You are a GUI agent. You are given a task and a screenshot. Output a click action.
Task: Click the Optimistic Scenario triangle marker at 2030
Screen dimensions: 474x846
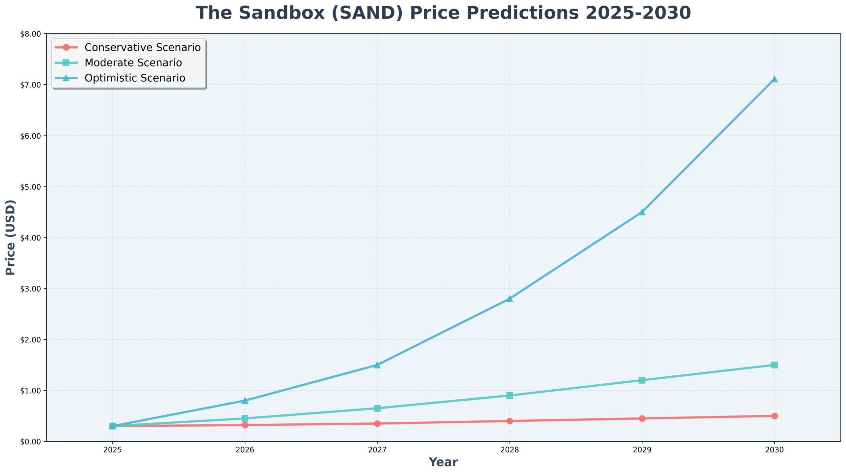pyautogui.click(x=774, y=79)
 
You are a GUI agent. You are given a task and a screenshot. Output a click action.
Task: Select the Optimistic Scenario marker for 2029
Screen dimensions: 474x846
pyautogui.click(x=642, y=212)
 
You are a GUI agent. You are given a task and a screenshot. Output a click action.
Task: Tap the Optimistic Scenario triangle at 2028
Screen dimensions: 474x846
pyautogui.click(x=510, y=299)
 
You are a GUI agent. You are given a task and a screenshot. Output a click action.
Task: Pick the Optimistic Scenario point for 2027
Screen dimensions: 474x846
pyautogui.click(x=377, y=365)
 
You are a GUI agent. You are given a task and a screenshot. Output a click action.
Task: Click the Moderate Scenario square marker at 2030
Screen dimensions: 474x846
pyautogui.click(x=774, y=365)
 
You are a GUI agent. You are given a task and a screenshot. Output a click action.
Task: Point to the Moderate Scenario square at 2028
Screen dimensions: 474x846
pyautogui.click(x=510, y=395)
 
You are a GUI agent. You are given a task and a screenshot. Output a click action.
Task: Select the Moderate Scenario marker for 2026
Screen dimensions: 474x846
pyautogui.click(x=245, y=418)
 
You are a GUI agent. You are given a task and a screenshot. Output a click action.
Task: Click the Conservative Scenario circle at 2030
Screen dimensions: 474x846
pyautogui.click(x=774, y=416)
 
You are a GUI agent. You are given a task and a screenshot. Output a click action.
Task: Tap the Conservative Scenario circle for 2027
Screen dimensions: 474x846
pyautogui.click(x=377, y=423)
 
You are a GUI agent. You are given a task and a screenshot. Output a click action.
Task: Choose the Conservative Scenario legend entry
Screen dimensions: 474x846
pyautogui.click(x=142, y=47)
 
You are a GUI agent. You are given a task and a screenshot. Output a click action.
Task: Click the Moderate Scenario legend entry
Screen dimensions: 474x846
pyautogui.click(x=133, y=63)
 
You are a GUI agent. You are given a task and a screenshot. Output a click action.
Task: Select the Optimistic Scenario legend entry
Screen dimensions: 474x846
pyautogui.click(x=135, y=78)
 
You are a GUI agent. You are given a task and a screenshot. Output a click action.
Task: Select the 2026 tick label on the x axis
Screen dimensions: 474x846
pyautogui.click(x=245, y=450)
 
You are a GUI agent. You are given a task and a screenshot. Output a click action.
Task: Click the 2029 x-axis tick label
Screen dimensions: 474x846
pyautogui.click(x=642, y=450)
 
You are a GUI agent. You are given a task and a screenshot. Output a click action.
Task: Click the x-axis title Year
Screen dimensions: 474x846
pyautogui.click(x=443, y=462)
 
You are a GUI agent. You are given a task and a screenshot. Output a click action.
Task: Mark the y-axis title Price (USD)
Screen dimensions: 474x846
pyautogui.click(x=11, y=237)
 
